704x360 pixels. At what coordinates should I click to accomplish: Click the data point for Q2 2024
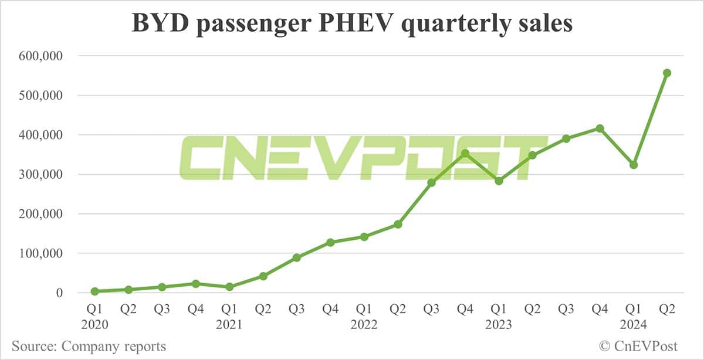point(666,73)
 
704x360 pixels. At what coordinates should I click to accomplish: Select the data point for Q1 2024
point(633,165)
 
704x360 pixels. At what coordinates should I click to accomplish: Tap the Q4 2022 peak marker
point(465,153)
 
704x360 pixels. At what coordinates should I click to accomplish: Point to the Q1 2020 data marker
point(95,291)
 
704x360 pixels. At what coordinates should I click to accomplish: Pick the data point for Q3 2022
point(431,183)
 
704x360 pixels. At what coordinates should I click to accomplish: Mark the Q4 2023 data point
point(600,128)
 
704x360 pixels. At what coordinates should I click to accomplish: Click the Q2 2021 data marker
point(263,276)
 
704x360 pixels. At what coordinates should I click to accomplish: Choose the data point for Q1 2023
point(499,181)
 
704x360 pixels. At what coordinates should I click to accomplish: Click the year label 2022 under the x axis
point(364,324)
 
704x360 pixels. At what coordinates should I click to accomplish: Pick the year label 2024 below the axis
point(633,324)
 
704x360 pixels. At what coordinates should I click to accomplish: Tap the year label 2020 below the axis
point(95,324)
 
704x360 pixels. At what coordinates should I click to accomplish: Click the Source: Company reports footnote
point(89,346)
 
